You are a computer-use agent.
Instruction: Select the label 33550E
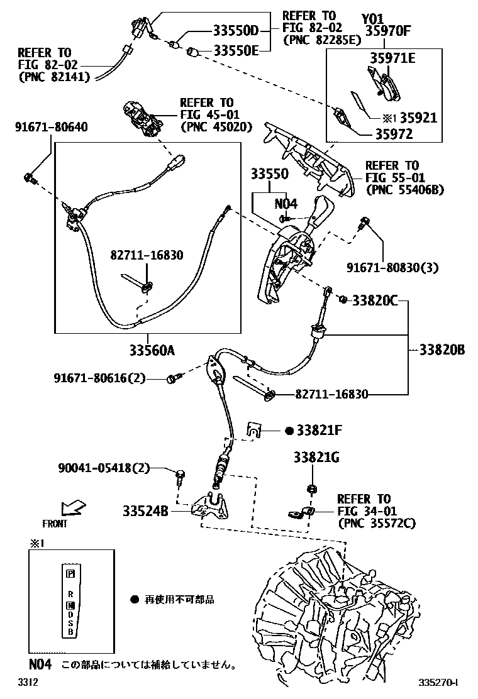click(x=236, y=50)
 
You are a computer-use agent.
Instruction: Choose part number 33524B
click(x=145, y=511)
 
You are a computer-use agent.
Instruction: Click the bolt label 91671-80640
click(x=51, y=128)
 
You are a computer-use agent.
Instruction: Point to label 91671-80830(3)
click(x=392, y=268)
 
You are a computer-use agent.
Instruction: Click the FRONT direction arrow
click(x=73, y=507)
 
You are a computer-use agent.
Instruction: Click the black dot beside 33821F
click(x=289, y=431)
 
